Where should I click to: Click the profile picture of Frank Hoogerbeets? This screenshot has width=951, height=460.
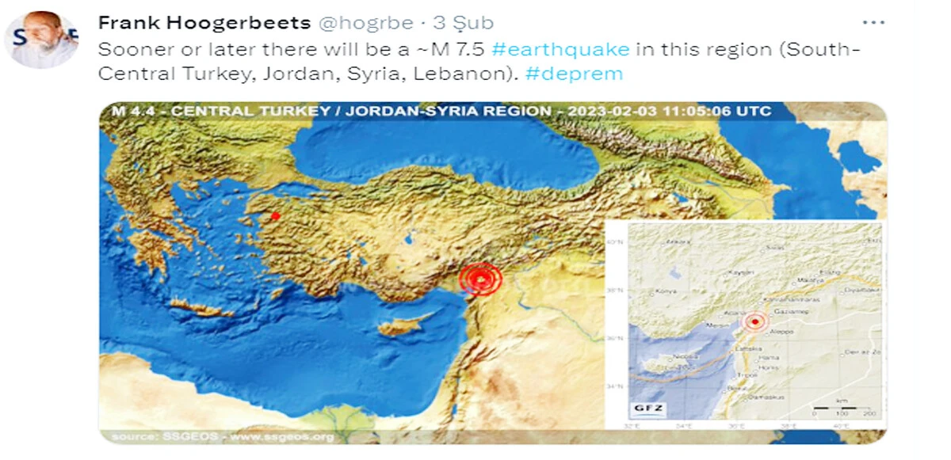click(x=41, y=40)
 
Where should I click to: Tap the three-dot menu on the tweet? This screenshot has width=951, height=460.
click(x=872, y=22)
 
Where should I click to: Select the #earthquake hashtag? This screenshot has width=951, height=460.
click(x=560, y=49)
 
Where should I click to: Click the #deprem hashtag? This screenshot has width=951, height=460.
click(x=574, y=74)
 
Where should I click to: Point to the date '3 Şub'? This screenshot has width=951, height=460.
click(x=463, y=24)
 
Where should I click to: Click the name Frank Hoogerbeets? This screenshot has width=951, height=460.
click(x=204, y=23)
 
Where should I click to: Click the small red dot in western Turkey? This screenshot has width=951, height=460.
click(x=275, y=215)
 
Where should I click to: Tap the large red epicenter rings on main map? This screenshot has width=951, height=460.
click(x=480, y=279)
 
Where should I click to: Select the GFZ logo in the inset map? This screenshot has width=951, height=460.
click(x=647, y=409)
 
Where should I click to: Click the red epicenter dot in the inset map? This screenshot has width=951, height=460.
click(x=755, y=321)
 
